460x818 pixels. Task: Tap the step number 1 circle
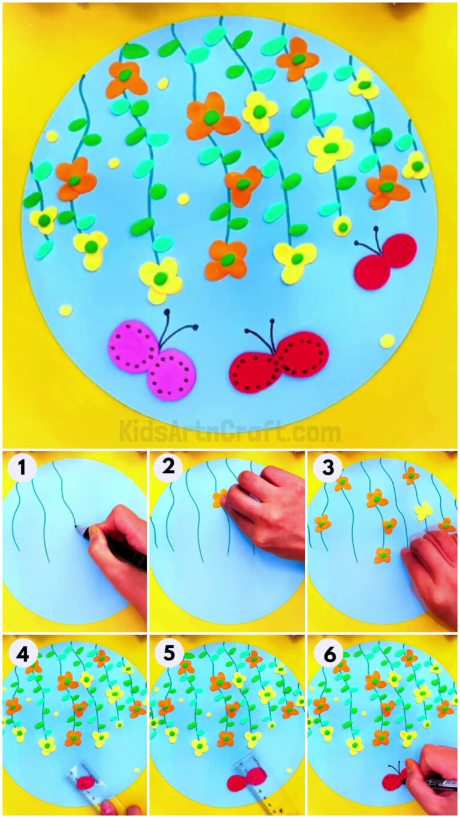point(22,468)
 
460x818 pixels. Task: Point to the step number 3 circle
point(328,467)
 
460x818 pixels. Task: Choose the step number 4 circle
point(22,654)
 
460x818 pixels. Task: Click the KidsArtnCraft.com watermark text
point(229,431)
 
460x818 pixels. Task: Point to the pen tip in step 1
point(75,527)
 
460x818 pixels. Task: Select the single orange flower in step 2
point(220,498)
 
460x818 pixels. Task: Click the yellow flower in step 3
point(424,511)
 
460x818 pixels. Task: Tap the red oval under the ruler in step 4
point(86,781)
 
